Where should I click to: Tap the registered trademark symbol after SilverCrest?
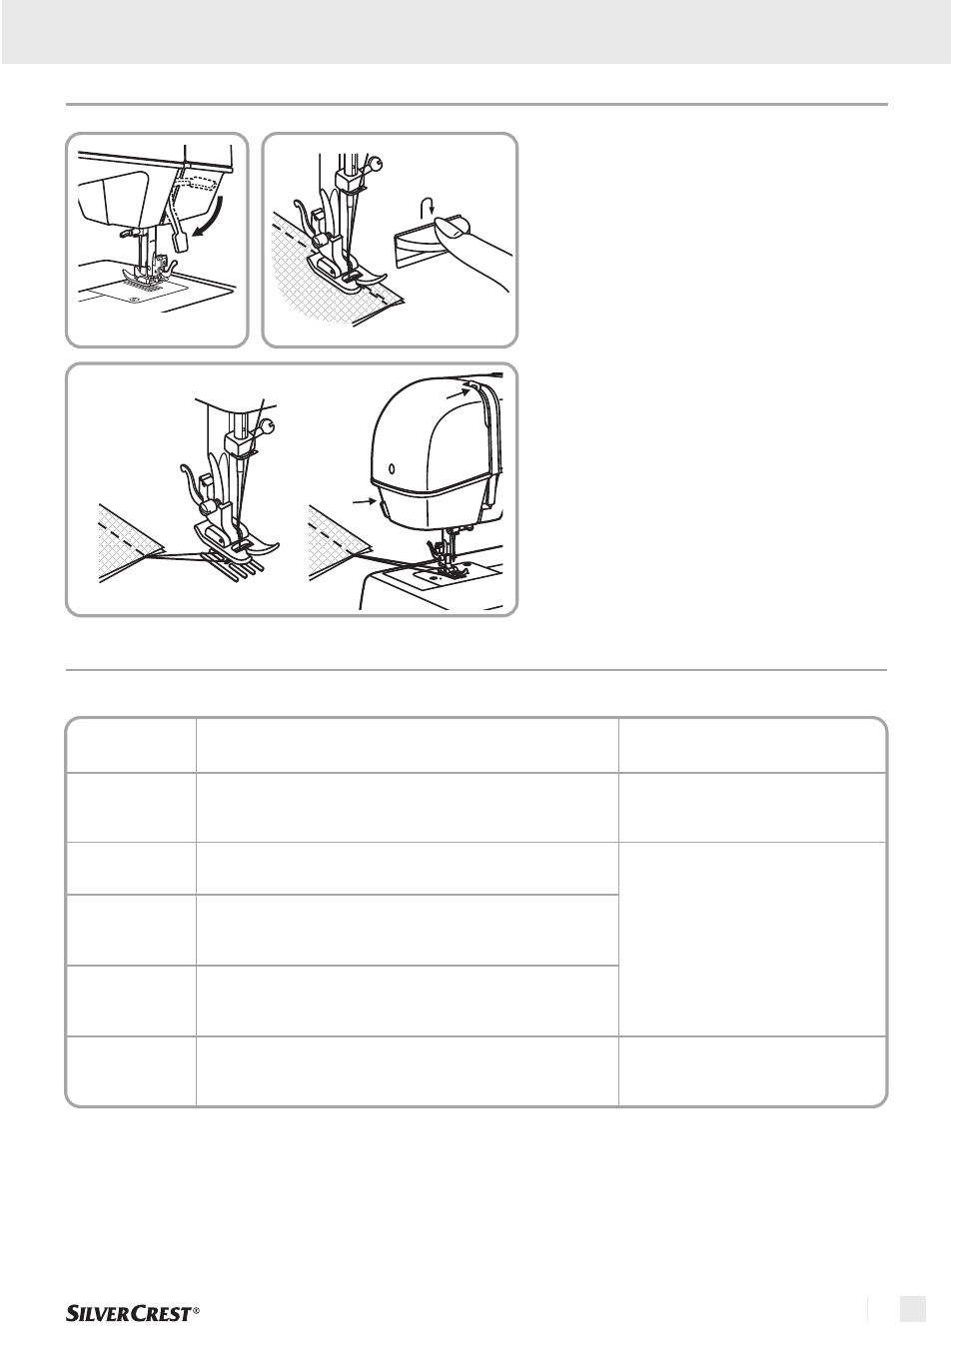pos(196,1310)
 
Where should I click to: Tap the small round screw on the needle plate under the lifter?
pos(135,299)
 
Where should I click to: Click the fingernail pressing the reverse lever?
pos(449,226)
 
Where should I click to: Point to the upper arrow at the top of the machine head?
pos(459,392)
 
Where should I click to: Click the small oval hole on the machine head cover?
pos(393,468)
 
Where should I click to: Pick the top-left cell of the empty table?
pos(131,745)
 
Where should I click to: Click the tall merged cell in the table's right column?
pos(752,940)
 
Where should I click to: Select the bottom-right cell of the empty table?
pos(752,1071)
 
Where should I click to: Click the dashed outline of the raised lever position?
pos(194,183)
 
